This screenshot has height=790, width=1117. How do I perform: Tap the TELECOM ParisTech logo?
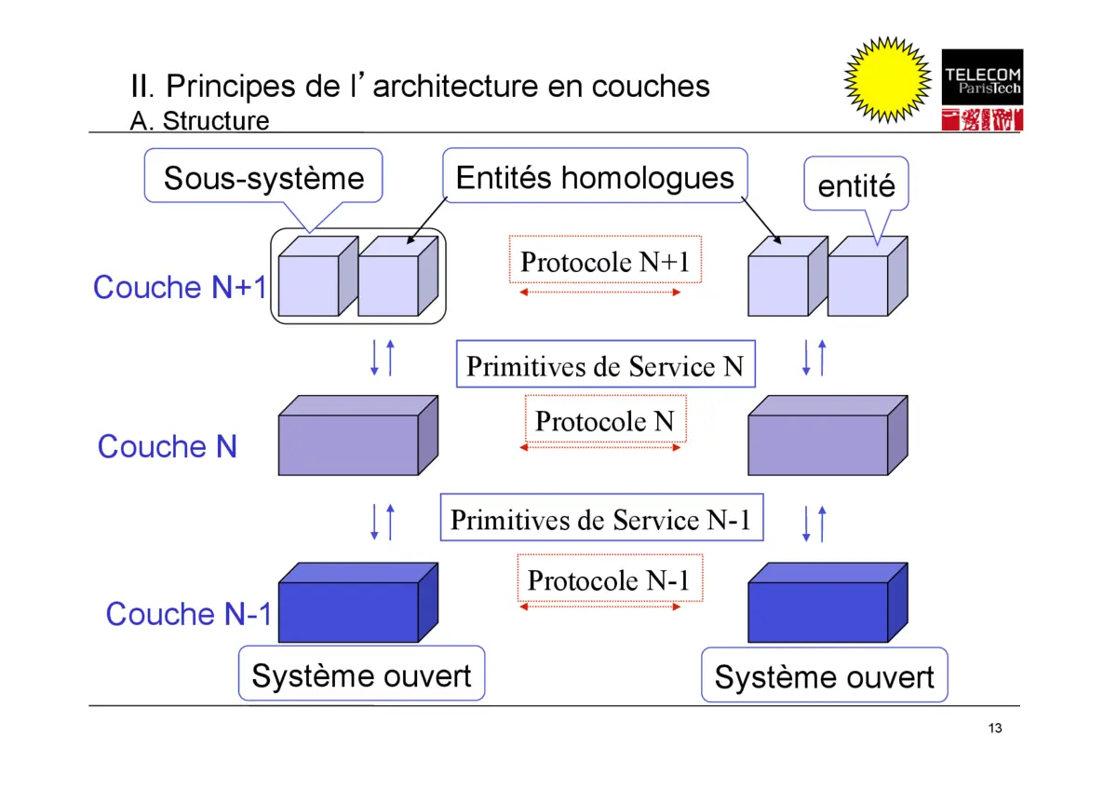click(982, 89)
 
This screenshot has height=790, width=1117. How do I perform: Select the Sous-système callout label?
click(263, 177)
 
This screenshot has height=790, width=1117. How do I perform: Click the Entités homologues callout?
click(595, 177)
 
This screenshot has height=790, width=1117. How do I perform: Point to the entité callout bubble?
click(856, 186)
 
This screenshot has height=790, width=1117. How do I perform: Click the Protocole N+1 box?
click(605, 261)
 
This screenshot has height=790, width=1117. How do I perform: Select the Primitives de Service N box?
click(605, 365)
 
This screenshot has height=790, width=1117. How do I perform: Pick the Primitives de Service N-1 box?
click(601, 518)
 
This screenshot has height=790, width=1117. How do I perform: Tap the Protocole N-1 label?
click(609, 579)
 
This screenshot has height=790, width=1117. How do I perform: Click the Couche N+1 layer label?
click(180, 287)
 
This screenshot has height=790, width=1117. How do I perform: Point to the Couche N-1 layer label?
click(189, 613)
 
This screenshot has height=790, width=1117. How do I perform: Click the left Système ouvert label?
click(361, 675)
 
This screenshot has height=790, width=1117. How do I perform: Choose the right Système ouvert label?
click(824, 676)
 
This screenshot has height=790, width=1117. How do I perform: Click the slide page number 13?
click(995, 728)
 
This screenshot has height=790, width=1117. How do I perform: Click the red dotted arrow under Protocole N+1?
click(600, 293)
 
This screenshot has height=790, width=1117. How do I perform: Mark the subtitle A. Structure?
click(199, 121)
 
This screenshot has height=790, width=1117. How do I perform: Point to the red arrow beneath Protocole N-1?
click(600, 606)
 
